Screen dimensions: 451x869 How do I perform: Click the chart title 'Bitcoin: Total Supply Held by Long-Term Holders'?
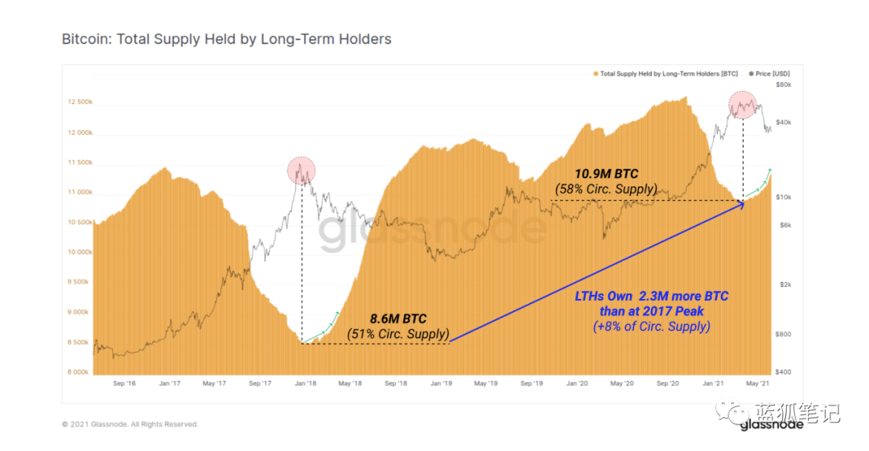tap(226, 39)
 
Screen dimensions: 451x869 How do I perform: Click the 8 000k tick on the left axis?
tap(79, 372)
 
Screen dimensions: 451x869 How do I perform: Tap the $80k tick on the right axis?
tap(783, 84)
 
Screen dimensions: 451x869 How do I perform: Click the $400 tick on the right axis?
tap(783, 372)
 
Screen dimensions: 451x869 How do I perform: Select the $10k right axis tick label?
tap(783, 197)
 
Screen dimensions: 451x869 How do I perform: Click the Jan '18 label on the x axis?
tap(306, 384)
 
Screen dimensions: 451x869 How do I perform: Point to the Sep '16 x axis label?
tap(125, 384)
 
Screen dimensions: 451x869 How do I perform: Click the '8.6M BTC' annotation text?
tap(398, 318)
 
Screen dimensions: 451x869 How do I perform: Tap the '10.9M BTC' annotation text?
tap(605, 174)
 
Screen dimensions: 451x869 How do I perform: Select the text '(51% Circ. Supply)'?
tap(398, 334)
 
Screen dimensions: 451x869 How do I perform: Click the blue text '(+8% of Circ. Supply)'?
tap(652, 326)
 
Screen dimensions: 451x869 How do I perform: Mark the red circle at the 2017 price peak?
tap(302, 170)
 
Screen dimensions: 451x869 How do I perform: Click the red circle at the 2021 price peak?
tap(743, 105)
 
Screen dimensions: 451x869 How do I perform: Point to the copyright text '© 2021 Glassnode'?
tap(130, 424)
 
